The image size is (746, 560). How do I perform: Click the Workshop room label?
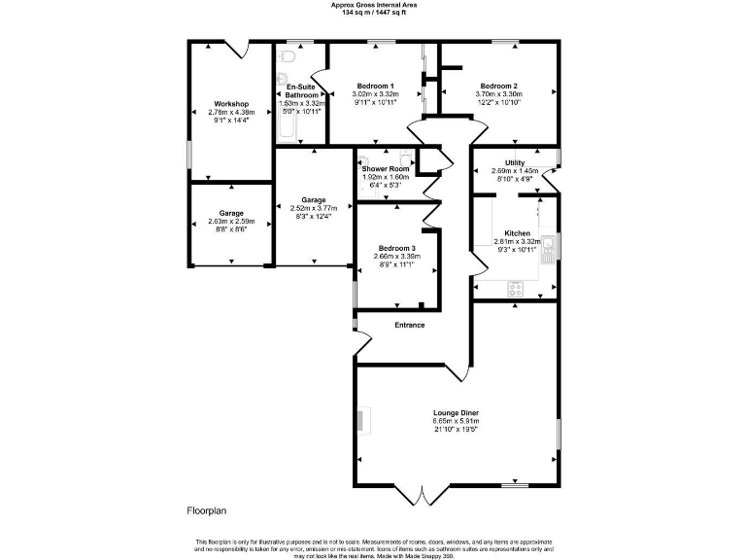pos(231,104)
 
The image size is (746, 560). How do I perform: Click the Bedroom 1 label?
pos(374,86)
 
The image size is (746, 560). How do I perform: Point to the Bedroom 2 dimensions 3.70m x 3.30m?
pos(498,93)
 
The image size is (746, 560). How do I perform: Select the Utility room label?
pos(514,162)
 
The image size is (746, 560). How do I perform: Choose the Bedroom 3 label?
pos(396,248)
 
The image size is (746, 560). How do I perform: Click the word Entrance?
pos(409,325)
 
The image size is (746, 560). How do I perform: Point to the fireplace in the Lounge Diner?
pos(360,420)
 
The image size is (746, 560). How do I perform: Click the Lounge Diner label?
pos(454,412)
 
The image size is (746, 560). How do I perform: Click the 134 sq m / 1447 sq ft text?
pos(372,12)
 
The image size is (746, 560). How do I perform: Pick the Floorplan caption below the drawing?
pos(206,510)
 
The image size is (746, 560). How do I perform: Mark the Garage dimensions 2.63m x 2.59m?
pos(230,221)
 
